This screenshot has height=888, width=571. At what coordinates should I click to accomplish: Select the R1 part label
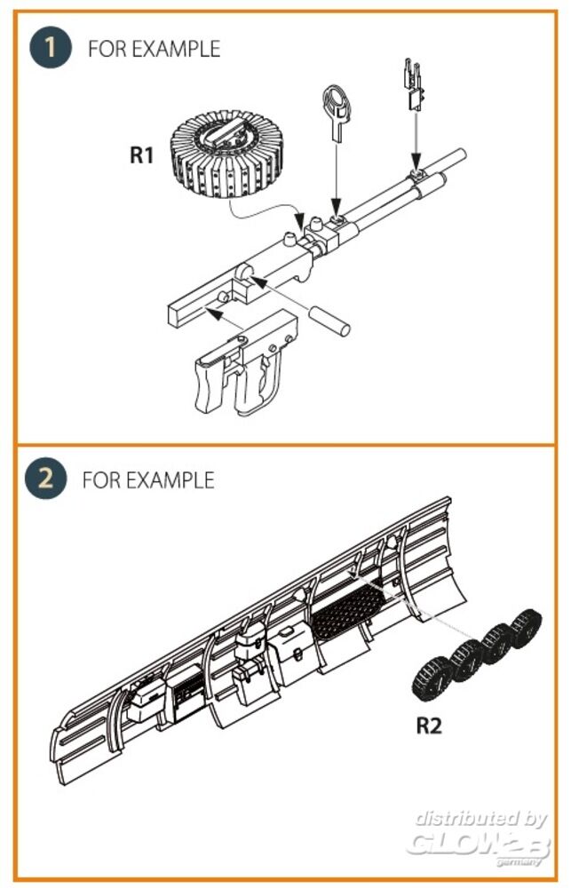143,156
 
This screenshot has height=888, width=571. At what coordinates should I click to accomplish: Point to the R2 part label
429,725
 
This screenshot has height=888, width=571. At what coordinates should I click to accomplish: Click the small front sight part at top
414,85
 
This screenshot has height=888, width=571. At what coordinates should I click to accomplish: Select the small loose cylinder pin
329,321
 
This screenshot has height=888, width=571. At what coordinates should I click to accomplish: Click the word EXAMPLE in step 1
176,48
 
